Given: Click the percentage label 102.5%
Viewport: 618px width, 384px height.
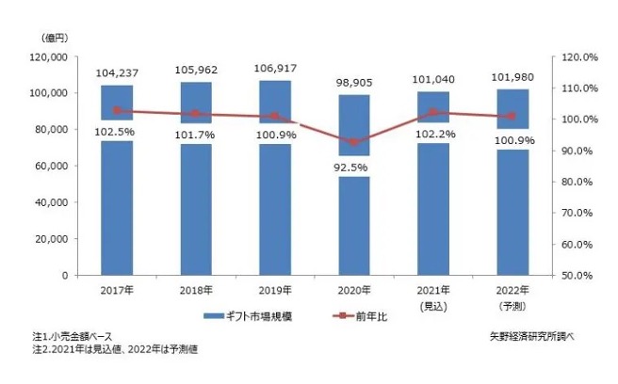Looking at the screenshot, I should [x=118, y=133].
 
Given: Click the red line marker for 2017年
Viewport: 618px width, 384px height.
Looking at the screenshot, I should [x=118, y=111].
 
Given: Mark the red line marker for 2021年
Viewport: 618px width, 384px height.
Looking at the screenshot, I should [x=432, y=112].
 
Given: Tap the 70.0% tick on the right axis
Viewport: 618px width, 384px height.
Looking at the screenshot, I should [x=575, y=213].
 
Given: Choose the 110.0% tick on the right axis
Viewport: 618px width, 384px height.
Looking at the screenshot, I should [x=575, y=88].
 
